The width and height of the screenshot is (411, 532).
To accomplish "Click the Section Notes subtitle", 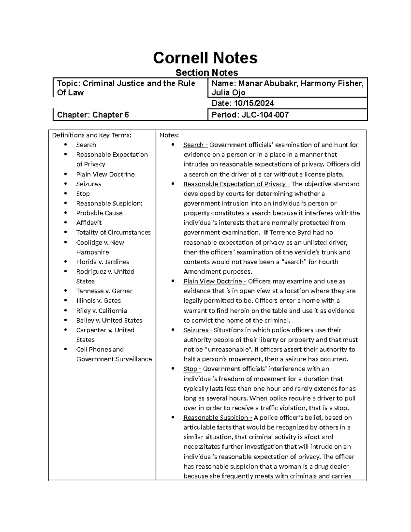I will coord(207,73).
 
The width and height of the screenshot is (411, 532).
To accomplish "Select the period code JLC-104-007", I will coord(265,115).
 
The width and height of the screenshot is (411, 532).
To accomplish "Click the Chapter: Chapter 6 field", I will coord(93,115).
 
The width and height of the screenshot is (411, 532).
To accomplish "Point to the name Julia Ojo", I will coord(228,92).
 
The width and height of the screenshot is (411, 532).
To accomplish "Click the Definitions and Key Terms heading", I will coord(91,135).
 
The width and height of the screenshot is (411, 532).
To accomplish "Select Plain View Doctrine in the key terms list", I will coord(105,174).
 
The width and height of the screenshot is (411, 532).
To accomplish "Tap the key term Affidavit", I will coord(89,223).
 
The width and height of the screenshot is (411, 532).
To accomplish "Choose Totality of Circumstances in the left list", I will coord(113,232).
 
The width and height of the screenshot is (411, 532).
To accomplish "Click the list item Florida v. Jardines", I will coord(102,262).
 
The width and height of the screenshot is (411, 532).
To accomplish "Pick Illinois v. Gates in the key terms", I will coord(98,301).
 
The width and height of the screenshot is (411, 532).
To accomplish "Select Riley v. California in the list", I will coord(101,311).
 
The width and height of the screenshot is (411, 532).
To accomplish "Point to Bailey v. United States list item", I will coord(109,320).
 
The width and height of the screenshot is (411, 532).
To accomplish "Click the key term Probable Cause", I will coord(99,213).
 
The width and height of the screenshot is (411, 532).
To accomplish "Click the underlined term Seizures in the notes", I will coord(196,330).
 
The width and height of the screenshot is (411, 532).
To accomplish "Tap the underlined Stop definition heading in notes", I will coord(190,369).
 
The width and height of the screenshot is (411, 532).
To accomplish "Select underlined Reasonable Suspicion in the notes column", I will coord(216,418).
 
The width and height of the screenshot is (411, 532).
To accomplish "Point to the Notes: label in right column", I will coord(169,135).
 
